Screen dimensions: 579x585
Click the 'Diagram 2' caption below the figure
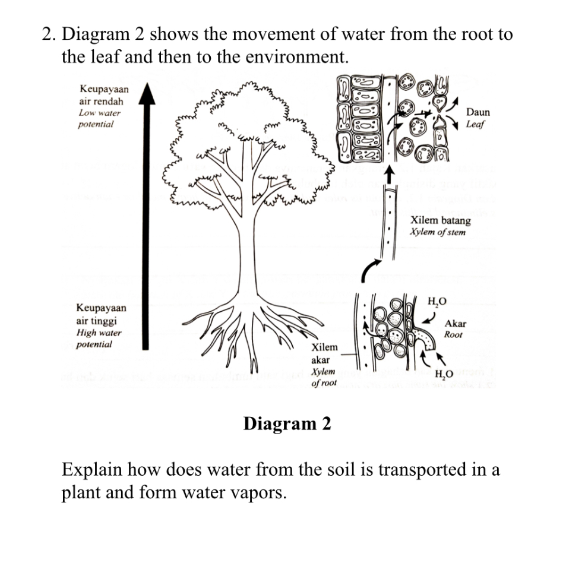287,424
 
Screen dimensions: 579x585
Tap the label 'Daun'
478,112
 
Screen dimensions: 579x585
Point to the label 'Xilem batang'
440,221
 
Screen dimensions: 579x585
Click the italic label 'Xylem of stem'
438,232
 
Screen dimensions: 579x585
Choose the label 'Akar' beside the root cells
456,324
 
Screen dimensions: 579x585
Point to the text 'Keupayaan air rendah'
103,95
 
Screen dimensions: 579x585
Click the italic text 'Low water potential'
99,119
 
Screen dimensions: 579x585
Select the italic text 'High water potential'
99,338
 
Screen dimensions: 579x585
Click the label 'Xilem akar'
324,353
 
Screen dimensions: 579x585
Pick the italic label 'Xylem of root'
324,377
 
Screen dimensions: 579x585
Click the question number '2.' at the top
49,34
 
